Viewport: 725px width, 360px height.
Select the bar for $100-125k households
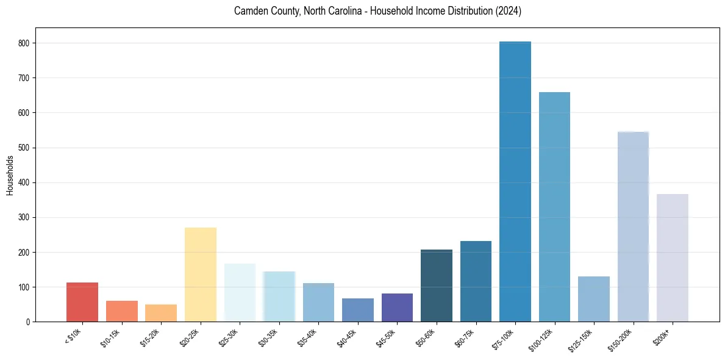coord(554,207)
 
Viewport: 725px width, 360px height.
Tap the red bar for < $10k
coord(82,302)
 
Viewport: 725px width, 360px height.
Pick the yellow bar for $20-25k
coord(201,275)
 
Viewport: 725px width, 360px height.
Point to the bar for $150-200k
coord(633,226)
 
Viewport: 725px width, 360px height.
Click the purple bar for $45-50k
coord(397,308)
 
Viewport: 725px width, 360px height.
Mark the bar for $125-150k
coord(593,299)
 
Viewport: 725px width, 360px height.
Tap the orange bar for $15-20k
coord(161,313)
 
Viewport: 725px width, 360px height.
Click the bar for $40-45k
coord(358,310)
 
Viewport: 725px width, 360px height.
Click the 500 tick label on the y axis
coord(27,148)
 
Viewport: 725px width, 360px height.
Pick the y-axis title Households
coord(10,175)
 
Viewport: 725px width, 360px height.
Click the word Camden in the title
coord(250,12)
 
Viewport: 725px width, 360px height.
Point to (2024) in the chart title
coord(509,12)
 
